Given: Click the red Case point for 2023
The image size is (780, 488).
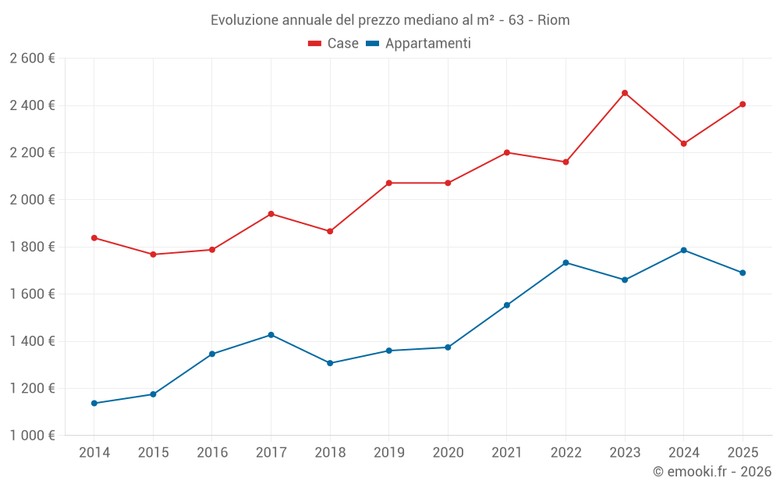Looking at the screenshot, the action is [x=625, y=93].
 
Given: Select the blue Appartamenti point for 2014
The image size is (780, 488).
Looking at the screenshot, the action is [x=94, y=404].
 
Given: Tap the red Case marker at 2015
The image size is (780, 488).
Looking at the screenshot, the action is [x=153, y=255].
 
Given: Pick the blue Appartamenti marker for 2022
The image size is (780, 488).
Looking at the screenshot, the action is [x=565, y=262].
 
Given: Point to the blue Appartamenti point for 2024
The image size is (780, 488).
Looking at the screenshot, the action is [x=683, y=250].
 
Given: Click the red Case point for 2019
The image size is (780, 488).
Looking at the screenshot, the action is [x=389, y=183].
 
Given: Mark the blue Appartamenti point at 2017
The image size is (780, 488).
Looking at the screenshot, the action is [x=271, y=335].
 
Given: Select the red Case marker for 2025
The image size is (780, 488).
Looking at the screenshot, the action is [x=743, y=105].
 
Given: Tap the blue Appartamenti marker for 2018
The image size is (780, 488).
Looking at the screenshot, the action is [x=330, y=363].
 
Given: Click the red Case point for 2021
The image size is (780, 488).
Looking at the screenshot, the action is [x=507, y=152].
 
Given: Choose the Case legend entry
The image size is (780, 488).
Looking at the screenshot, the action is [x=333, y=43].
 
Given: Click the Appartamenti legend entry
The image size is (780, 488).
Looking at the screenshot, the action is [x=418, y=43].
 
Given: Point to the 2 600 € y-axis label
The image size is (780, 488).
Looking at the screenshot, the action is [x=32, y=59].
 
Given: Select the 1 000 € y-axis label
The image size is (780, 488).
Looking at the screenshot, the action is [x=32, y=435].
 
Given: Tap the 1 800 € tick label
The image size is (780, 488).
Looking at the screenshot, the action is [x=32, y=247].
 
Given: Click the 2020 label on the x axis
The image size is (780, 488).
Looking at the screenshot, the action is [x=448, y=452].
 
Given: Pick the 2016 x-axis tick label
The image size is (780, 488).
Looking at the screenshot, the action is [x=212, y=452].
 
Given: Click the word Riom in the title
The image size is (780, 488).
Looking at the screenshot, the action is [x=554, y=20].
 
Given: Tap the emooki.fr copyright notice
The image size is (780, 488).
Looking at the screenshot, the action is [x=712, y=471].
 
